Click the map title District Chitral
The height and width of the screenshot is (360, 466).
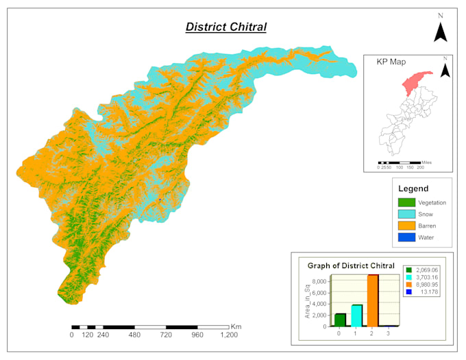[226, 27]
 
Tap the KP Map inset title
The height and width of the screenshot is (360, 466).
[391, 61]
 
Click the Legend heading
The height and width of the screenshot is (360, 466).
[413, 189]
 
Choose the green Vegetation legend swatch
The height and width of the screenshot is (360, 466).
[406, 202]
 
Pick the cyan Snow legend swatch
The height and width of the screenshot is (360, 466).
[406, 214]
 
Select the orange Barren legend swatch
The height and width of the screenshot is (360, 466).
[406, 226]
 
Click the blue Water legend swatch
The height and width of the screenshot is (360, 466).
[406, 237]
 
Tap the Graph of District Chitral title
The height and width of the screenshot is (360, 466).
[351, 265]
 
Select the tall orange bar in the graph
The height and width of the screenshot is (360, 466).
[373, 301]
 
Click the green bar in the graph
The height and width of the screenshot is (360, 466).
[340, 320]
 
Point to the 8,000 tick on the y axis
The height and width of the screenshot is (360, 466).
[319, 280]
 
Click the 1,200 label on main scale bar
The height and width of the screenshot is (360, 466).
[229, 335]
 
